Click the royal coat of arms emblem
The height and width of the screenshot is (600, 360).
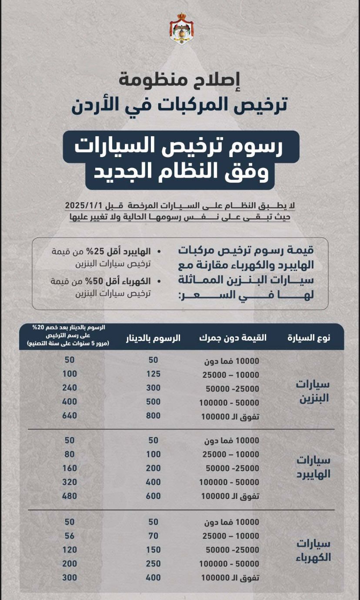click(181, 29)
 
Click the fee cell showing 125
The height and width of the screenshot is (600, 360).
click(153, 374)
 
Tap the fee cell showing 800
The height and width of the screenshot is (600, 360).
click(153, 416)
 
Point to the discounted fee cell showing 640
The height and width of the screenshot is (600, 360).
click(70, 416)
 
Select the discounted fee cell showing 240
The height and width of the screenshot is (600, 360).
click(70, 388)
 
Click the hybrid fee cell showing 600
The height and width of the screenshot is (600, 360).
click(153, 496)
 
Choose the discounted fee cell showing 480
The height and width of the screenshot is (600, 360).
click(70, 496)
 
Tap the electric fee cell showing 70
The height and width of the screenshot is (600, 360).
click(153, 536)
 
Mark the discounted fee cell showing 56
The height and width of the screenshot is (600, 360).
click(70, 536)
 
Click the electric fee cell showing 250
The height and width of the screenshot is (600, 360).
click(153, 564)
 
